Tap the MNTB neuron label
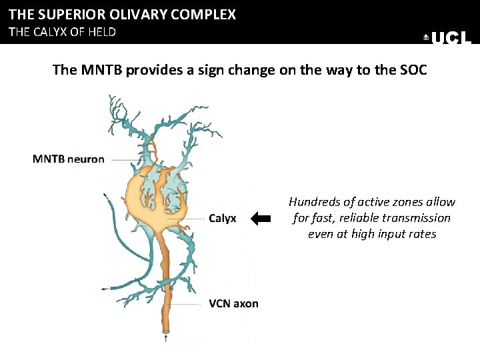pyautogui.click(x=69, y=159)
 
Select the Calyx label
pyautogui.click(x=222, y=218)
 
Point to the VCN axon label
pyautogui.click(x=233, y=303)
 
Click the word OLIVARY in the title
pyautogui.click(x=144, y=14)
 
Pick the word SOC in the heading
pyautogui.click(x=413, y=70)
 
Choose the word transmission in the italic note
pyautogui.click(x=420, y=218)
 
